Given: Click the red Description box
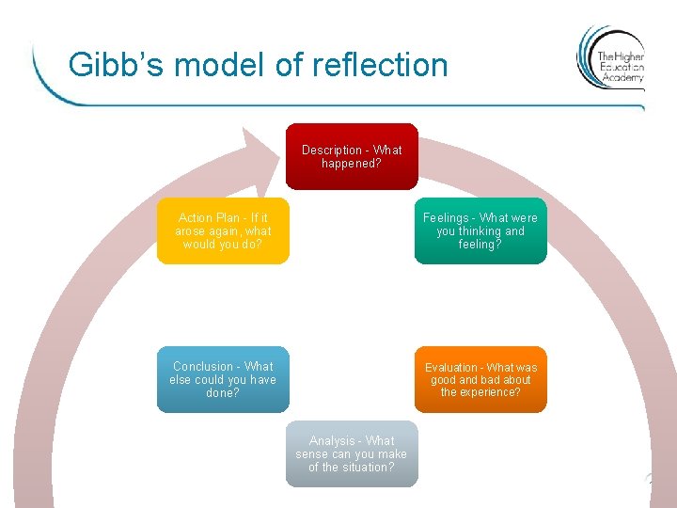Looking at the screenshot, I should (x=352, y=156).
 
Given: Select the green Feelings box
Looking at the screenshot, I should (x=480, y=230).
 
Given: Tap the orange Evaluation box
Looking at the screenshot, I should (x=480, y=379).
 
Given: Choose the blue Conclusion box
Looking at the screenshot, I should (x=223, y=379).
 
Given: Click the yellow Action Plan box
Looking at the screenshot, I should (x=223, y=230).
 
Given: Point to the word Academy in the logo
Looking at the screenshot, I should (x=622, y=78).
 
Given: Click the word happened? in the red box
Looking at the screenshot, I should (x=352, y=164).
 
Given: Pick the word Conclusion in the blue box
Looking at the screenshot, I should (x=203, y=367).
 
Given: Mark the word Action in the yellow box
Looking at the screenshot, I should (x=196, y=218).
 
